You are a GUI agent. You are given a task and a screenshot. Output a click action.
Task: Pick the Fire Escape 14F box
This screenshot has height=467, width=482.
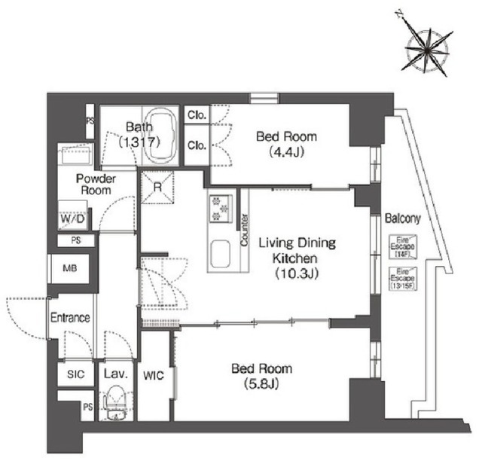[398, 246]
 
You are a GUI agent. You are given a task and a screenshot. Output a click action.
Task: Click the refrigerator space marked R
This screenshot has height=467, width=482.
[158, 185]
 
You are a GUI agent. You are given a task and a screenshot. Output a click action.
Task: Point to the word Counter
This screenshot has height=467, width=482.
[244, 230]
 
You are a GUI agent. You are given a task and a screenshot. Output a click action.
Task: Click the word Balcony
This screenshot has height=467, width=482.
[402, 218]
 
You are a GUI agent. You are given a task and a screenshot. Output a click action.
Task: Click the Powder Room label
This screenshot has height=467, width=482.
[94, 185]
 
